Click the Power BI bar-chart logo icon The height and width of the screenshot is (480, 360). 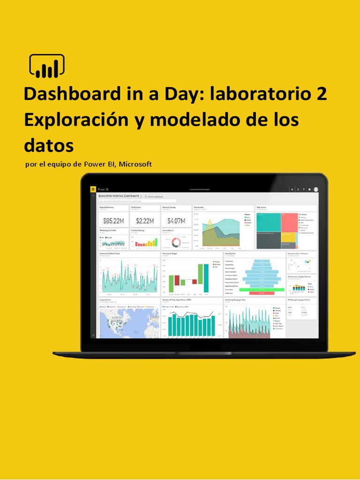pos(47,66)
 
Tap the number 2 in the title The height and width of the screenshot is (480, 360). pos(322,94)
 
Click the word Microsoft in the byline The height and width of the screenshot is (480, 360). pos(135,164)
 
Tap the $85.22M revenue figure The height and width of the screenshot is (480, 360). pos(113,220)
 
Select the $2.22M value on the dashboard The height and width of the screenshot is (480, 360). pos(145,220)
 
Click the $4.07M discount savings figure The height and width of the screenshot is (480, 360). pos(176,220)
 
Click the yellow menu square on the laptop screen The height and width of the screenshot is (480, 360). pos(93,189)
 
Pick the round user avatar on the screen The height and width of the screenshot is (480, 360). pos(316,189)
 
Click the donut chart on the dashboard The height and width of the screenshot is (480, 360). pos(177,242)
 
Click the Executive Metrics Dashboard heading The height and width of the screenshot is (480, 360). pos(119,195)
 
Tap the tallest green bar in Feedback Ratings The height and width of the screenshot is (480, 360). pos(156,242)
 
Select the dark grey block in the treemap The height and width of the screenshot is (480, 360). pos(268,240)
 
